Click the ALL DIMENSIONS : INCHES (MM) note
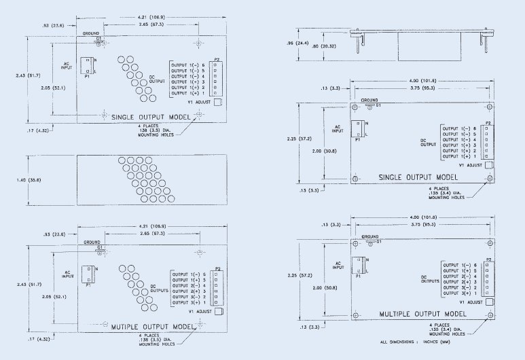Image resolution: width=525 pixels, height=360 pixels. (411, 342)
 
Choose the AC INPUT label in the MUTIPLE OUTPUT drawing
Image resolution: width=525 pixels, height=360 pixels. (68, 274)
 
